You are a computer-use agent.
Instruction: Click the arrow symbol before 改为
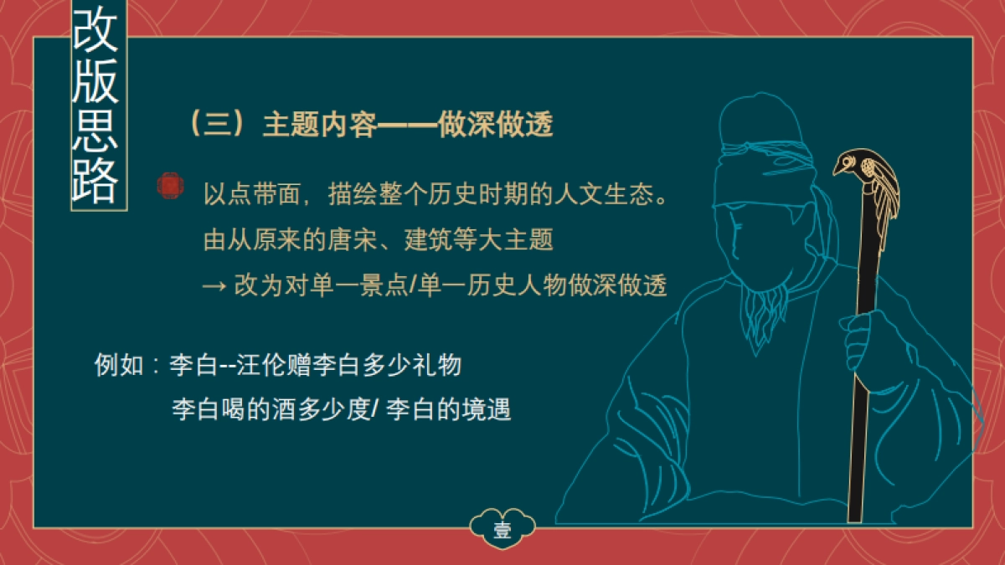pyautogui.click(x=214, y=285)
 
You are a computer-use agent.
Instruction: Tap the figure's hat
pyautogui.click(x=758, y=126)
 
